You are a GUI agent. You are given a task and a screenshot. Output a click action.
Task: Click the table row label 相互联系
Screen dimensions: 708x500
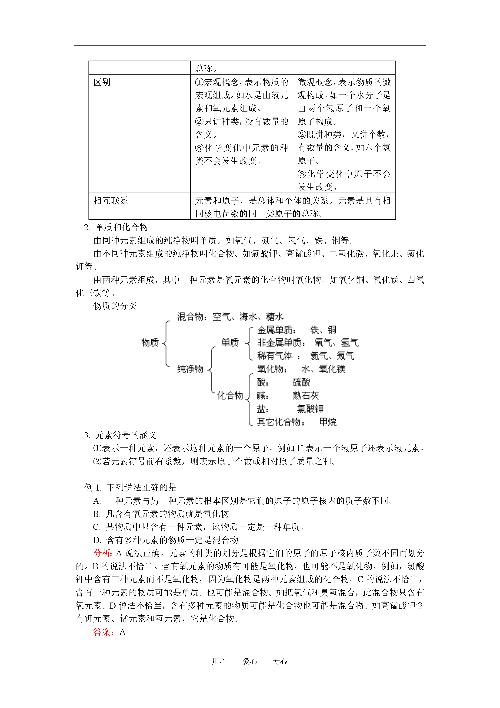coord(111,201)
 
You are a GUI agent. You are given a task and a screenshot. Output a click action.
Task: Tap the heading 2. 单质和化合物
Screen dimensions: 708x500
coord(116,227)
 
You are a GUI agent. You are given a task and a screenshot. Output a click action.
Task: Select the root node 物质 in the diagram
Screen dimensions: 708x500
coord(150,342)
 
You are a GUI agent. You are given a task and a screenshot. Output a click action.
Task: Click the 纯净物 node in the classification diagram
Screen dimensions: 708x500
coord(190,369)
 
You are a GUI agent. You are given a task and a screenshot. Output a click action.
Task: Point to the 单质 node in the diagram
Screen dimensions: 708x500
coord(230,342)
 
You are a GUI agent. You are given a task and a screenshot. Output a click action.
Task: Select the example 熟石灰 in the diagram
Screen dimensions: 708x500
coord(306,395)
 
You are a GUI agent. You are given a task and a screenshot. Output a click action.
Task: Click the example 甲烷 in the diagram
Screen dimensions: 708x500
coord(328,422)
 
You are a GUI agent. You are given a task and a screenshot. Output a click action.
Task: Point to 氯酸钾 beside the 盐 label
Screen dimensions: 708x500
coord(310,409)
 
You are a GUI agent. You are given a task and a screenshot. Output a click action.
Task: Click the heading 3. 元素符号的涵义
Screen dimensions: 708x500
coord(120,435)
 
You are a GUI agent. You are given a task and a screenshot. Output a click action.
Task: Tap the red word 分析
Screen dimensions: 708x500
coord(103,553)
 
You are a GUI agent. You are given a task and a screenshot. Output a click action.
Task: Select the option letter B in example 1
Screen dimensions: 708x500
coord(97,514)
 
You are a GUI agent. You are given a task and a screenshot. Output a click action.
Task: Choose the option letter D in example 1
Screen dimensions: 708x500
coord(97,540)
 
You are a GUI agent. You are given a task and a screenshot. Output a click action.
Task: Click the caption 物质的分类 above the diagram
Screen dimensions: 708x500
coord(115,306)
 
